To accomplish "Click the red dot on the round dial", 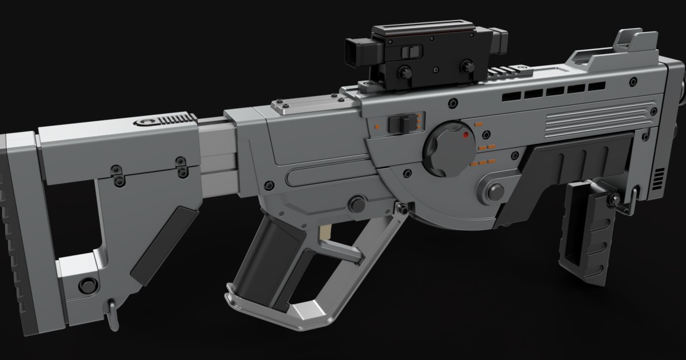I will coord(466,135).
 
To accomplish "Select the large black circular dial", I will coord(448,149).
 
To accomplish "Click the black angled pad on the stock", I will coord(163,245).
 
